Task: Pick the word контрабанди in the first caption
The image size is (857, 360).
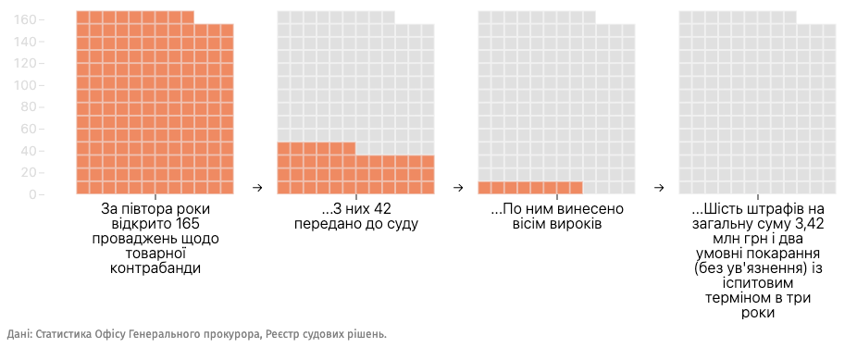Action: (155, 268)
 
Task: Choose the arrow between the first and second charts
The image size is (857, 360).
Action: (258, 188)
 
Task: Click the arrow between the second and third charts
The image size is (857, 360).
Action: (458, 188)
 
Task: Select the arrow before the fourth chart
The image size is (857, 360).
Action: (658, 188)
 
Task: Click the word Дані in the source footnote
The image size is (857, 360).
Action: (19, 334)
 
